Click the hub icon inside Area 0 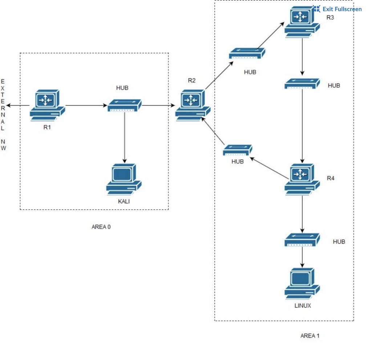click(x=125, y=105)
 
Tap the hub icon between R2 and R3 click(x=247, y=54)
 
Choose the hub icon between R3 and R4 click(x=302, y=84)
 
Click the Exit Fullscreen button click(x=337, y=9)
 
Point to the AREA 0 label click(x=101, y=227)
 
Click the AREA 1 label click(x=310, y=336)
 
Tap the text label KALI click(x=124, y=202)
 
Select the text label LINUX click(x=302, y=306)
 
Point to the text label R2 click(x=191, y=80)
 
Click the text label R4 click(x=331, y=178)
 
